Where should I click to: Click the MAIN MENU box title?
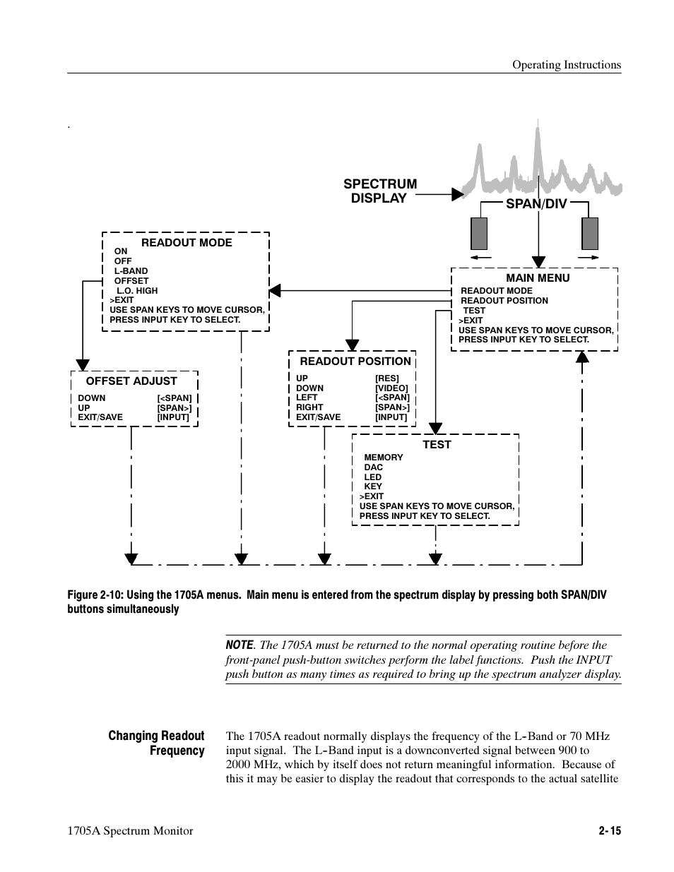(x=538, y=277)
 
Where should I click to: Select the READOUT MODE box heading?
(x=187, y=242)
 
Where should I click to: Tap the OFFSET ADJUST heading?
(x=131, y=381)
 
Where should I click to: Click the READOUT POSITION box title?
(x=355, y=361)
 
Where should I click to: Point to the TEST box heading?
(x=437, y=444)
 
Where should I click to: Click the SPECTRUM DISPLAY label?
(x=380, y=191)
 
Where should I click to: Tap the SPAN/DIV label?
(x=536, y=204)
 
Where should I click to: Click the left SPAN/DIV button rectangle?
(x=479, y=233)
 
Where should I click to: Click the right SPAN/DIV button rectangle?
(x=590, y=233)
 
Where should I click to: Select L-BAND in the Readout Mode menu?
(x=131, y=270)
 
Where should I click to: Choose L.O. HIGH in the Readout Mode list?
(x=137, y=290)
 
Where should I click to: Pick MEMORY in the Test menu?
(x=384, y=457)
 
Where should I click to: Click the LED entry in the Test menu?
(x=372, y=477)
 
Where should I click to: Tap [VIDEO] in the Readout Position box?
(x=391, y=388)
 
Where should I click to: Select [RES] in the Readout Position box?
(x=387, y=378)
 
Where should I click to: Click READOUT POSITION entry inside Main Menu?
(x=504, y=300)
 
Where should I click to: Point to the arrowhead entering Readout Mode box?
(x=275, y=289)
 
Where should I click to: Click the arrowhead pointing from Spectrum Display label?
(x=458, y=194)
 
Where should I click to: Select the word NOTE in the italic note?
(x=240, y=645)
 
